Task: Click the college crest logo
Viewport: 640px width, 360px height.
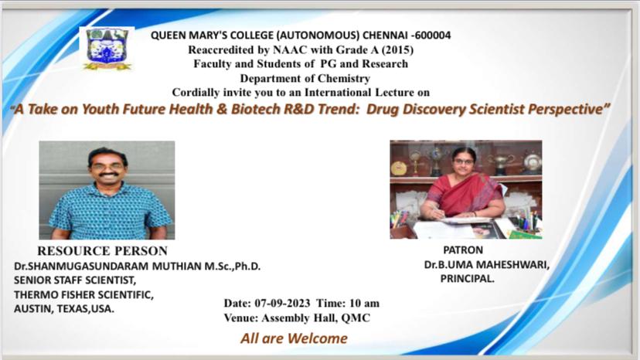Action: (x=107, y=49)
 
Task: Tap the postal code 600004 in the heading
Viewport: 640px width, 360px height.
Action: (x=433, y=35)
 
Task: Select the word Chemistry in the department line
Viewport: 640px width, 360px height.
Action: (x=344, y=78)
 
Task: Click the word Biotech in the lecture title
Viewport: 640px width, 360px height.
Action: (x=256, y=109)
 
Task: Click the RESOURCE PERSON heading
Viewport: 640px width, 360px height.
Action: (x=103, y=250)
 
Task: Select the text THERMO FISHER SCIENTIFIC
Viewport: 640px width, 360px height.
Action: (x=83, y=294)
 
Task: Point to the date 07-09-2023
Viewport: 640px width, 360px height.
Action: (x=282, y=304)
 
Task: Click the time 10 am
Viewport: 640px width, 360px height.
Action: (x=365, y=304)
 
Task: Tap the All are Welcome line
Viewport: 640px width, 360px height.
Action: (x=294, y=338)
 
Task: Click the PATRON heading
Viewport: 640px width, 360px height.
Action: (x=463, y=250)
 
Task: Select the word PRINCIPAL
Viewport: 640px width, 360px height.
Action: (x=467, y=279)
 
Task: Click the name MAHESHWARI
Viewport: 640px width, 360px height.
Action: (x=512, y=265)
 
